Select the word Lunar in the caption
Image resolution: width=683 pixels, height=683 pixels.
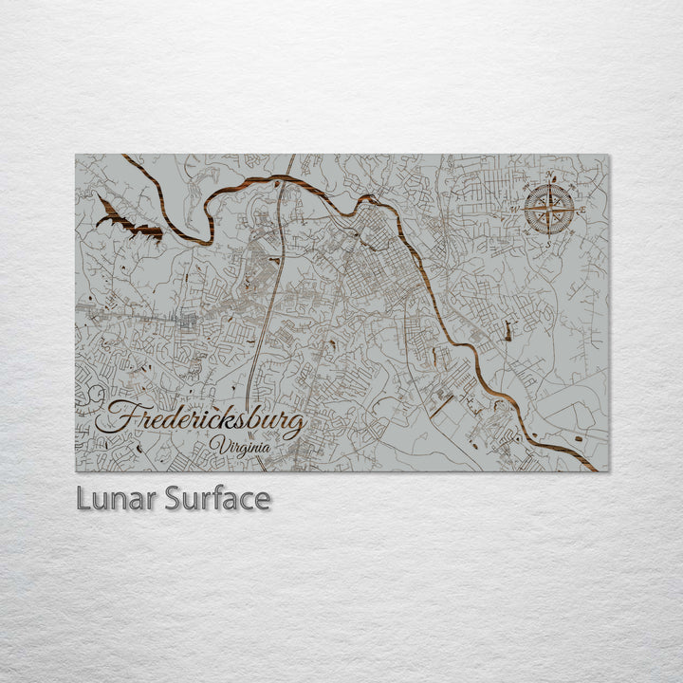click(116, 499)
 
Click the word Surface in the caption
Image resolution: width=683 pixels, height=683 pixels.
click(217, 499)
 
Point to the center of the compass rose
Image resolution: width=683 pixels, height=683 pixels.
click(549, 209)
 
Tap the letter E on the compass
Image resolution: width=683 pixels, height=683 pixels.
click(582, 209)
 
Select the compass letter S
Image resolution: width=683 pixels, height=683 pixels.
click(548, 242)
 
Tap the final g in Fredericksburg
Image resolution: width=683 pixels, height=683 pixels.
click(296, 424)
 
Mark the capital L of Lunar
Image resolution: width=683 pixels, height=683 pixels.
click(83, 499)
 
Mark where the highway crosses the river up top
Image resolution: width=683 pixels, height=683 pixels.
click(284, 177)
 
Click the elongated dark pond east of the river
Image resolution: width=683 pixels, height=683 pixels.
click(508, 332)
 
